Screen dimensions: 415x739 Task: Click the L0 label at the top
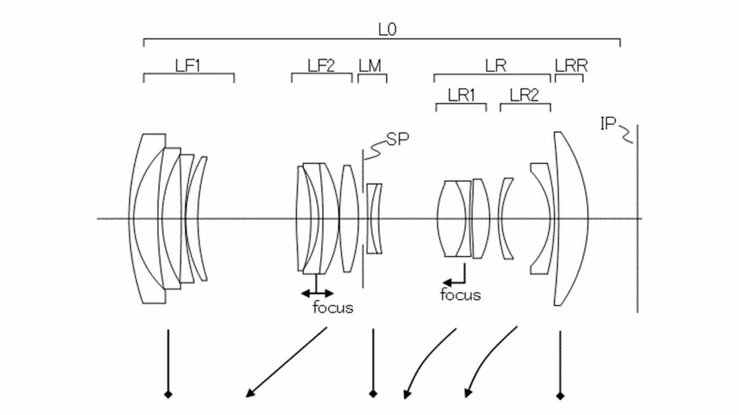[x=386, y=29]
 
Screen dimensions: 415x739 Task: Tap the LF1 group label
[x=188, y=65]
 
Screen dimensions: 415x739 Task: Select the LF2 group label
[x=321, y=65]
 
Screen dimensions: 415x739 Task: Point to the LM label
[x=369, y=65]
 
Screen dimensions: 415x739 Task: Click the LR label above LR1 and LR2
[x=496, y=65]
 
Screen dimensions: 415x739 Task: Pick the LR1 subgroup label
[x=461, y=95]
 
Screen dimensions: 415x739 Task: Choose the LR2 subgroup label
[x=525, y=95]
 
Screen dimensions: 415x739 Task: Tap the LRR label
[x=571, y=65]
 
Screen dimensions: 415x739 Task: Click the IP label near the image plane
[x=608, y=124]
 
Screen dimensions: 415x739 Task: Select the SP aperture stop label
[x=398, y=140]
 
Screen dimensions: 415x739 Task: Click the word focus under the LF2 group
[x=333, y=308]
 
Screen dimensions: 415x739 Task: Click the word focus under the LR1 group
[x=460, y=295]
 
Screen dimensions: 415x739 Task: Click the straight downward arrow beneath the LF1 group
[x=167, y=363]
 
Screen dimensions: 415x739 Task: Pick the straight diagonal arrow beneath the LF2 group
[x=286, y=362]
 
